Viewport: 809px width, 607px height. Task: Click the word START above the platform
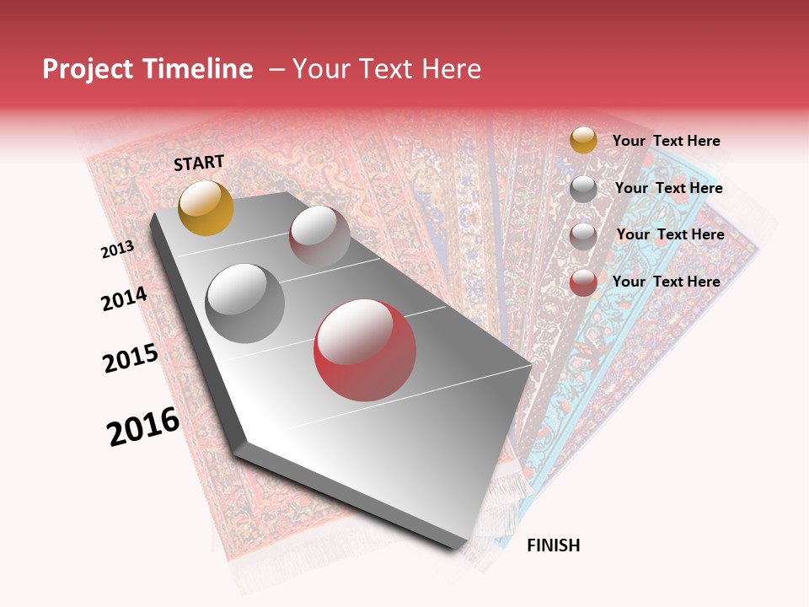pos(199,163)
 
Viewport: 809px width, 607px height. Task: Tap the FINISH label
pos(554,545)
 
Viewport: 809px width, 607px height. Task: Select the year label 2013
pos(117,250)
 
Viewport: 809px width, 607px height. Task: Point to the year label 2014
pos(124,298)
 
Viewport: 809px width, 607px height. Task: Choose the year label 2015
pos(131,358)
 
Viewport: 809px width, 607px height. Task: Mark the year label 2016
pos(143,427)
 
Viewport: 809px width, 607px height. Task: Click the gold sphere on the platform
pos(206,207)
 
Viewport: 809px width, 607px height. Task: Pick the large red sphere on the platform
pos(365,350)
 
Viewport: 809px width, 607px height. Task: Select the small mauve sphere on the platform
pos(319,235)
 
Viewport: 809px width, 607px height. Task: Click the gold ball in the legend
pos(583,140)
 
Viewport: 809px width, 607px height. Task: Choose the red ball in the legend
pos(583,282)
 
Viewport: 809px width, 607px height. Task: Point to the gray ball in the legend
pos(583,188)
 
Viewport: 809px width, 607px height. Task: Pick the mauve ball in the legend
pos(583,235)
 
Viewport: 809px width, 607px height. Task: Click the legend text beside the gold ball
pos(667,141)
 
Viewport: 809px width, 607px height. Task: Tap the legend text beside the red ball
pos(667,282)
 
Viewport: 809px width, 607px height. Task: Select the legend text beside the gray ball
pos(669,188)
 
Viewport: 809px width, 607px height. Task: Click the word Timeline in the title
pos(199,69)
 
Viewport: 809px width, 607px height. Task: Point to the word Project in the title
pos(89,69)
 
